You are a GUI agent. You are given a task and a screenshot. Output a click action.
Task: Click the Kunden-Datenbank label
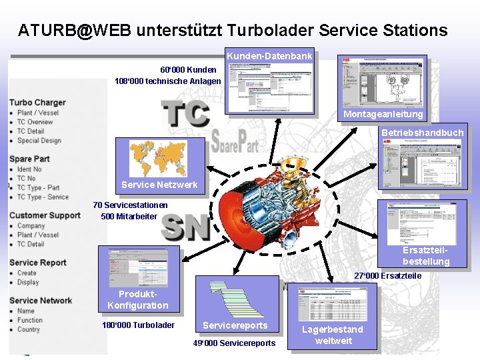269,57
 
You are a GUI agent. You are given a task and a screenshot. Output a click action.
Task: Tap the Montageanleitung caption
383,115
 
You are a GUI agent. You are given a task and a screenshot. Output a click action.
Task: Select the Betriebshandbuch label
422,133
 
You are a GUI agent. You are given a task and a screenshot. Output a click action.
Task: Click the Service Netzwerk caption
159,185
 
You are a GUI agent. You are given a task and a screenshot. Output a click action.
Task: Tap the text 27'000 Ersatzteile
387,276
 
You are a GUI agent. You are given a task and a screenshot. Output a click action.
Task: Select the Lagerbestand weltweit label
333,335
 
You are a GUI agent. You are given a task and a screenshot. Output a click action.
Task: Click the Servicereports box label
235,325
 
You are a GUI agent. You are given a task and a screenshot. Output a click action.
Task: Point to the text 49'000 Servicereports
234,343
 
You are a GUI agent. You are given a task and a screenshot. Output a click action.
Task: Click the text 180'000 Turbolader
138,325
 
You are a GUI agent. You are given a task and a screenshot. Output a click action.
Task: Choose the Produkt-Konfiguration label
138,300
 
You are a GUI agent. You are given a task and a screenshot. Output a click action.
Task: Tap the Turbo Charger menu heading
37,103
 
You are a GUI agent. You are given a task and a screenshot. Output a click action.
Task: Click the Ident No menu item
29,169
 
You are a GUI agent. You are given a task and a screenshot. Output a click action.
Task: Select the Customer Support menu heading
45,215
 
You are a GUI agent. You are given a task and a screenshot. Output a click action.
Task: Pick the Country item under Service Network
29,329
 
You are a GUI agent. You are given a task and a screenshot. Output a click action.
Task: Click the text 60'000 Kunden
188,69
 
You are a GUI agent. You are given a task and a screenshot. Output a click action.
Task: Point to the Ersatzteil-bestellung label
426,256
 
